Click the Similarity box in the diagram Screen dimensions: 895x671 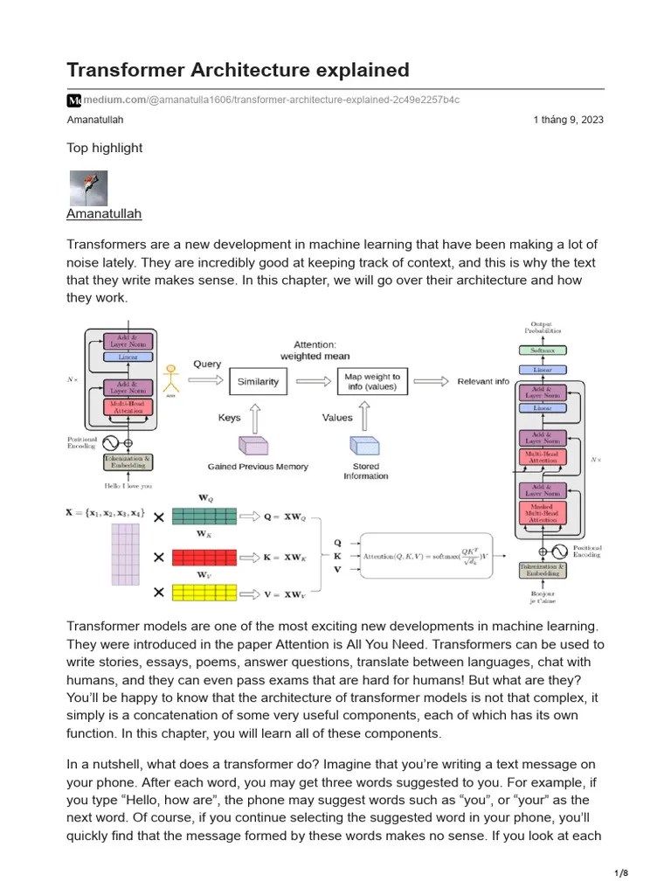258,382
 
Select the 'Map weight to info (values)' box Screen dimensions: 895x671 372,382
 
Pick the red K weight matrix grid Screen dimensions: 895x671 204,557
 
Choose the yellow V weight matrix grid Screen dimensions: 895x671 204,593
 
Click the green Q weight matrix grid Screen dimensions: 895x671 204,516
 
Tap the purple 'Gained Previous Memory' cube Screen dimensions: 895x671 254,445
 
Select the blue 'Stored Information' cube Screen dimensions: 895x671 365,445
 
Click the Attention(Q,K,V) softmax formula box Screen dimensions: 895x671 426,556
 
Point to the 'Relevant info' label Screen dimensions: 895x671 482,382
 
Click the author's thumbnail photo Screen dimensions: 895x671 88,187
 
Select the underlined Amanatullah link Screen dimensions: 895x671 104,213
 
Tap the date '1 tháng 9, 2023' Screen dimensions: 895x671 568,120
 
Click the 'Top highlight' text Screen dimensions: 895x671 105,148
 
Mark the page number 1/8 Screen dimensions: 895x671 621,873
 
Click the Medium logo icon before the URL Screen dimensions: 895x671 74,100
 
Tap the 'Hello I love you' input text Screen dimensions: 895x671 128,485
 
